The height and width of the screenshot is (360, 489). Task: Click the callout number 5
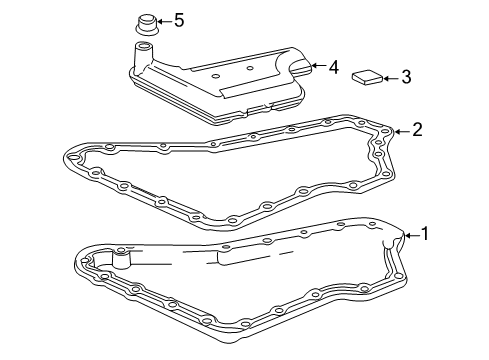tap(179, 20)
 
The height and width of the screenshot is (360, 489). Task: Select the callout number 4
tap(334, 67)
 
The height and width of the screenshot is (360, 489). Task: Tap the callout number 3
tap(406, 77)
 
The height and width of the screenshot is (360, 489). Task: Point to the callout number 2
tap(417, 130)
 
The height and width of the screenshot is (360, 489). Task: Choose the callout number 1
tap(425, 234)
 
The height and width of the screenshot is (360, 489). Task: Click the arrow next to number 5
tap(164, 21)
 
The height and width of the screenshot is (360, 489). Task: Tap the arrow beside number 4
tap(318, 65)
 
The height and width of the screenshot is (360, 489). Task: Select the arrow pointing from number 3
tap(391, 79)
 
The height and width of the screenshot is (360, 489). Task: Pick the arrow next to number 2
tap(402, 132)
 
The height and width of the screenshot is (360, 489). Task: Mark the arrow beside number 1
tap(412, 236)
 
